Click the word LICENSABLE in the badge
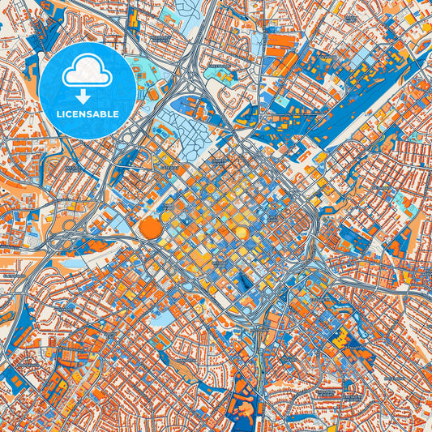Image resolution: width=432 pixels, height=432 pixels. tap(88, 114)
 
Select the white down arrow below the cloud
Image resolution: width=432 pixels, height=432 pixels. tap(88, 94)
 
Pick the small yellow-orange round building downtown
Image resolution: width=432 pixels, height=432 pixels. tap(241, 233)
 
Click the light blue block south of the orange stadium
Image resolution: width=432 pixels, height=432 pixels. tap(162, 297)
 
